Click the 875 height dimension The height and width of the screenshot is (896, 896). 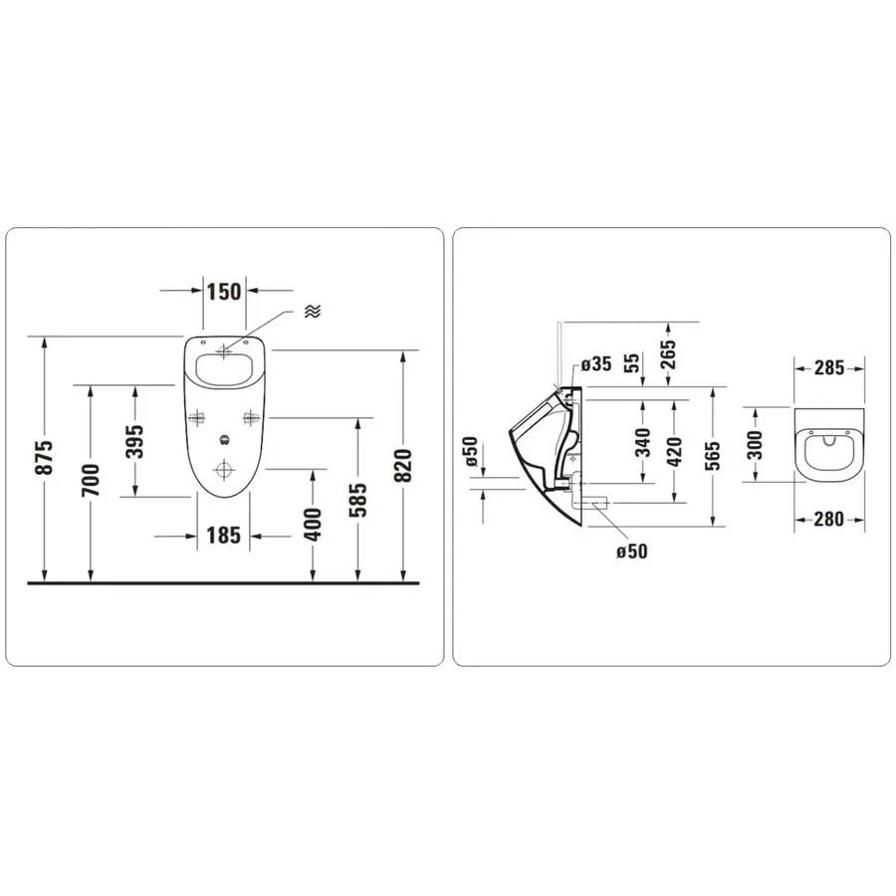[x=45, y=457]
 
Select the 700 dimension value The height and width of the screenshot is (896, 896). [x=91, y=480]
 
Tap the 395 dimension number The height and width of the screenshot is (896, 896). [x=135, y=442]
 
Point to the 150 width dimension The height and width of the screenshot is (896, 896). [x=224, y=292]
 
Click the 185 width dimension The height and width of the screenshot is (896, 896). [x=223, y=536]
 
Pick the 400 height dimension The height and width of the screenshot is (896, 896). [x=313, y=524]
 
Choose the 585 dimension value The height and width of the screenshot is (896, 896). [x=357, y=500]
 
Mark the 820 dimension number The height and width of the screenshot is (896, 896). [x=403, y=466]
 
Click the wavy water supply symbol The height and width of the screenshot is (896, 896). [x=313, y=311]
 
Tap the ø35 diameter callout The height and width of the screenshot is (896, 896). [x=596, y=364]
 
